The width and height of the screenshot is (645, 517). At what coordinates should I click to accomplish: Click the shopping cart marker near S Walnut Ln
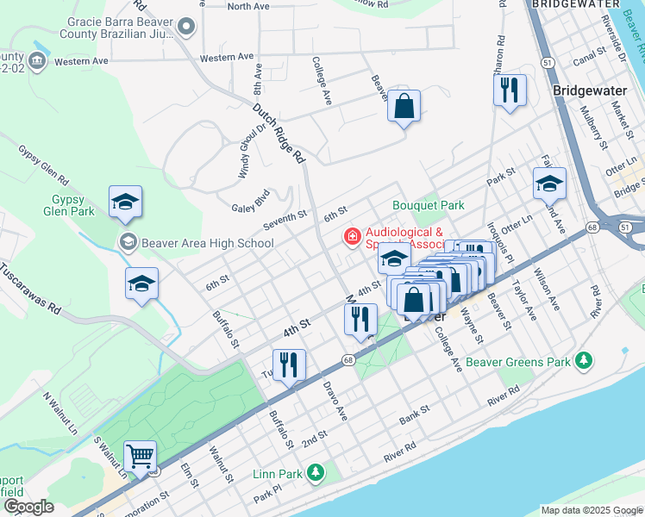(x=140, y=456)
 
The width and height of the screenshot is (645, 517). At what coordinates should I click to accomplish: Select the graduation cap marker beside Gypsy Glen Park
(x=126, y=202)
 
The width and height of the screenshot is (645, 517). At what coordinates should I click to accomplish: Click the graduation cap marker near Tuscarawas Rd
(x=142, y=283)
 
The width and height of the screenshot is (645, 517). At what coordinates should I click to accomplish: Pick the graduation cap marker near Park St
(x=549, y=183)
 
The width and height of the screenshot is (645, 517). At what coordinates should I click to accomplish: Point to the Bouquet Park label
(x=429, y=205)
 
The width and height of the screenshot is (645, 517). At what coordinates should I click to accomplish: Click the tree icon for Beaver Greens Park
(x=584, y=360)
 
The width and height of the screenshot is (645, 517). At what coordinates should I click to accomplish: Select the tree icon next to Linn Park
(x=316, y=472)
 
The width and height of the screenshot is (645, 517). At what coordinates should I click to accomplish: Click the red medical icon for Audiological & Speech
(x=352, y=236)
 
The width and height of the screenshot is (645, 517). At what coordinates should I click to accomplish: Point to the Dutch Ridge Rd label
(x=279, y=134)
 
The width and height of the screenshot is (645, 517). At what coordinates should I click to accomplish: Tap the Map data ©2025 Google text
(x=590, y=510)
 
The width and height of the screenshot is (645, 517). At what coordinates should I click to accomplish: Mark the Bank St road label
(x=414, y=420)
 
